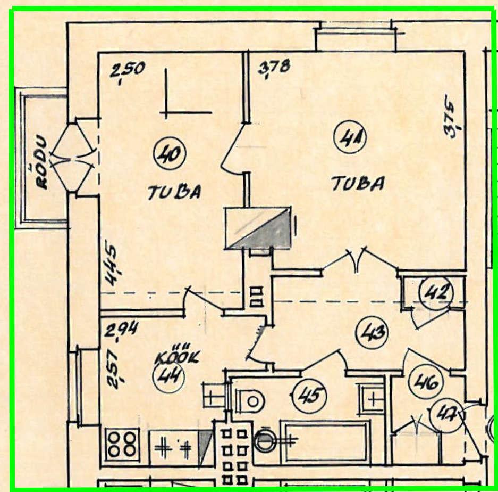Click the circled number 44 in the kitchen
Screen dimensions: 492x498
click(x=168, y=378)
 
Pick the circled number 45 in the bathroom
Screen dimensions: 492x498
click(x=310, y=395)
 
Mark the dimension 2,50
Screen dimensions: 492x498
click(x=126, y=71)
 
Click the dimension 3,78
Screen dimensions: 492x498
click(x=274, y=68)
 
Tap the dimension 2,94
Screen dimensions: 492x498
click(x=121, y=331)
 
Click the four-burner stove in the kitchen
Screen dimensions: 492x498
click(x=123, y=443)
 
